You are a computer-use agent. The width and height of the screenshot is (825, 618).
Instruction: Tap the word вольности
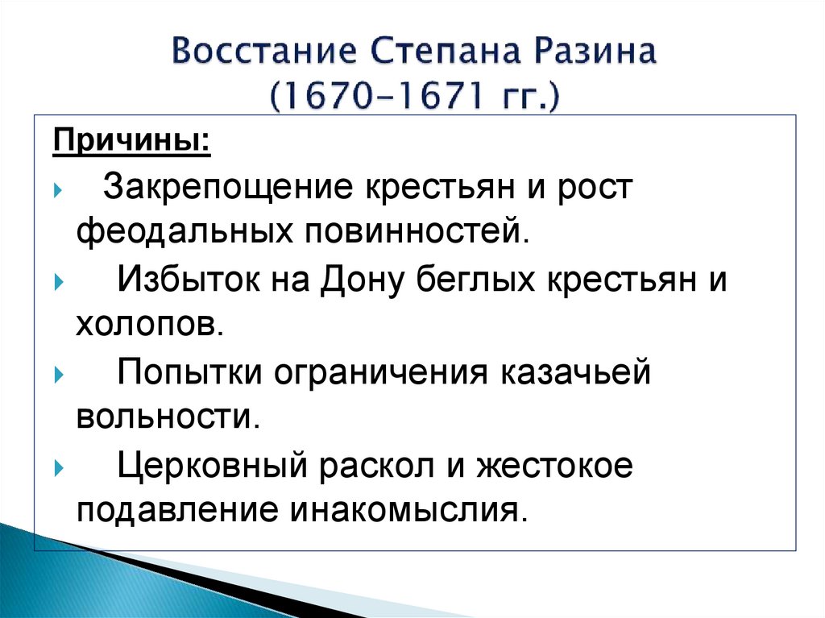tap(168, 417)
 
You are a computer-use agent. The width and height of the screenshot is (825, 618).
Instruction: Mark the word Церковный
tap(213, 467)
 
